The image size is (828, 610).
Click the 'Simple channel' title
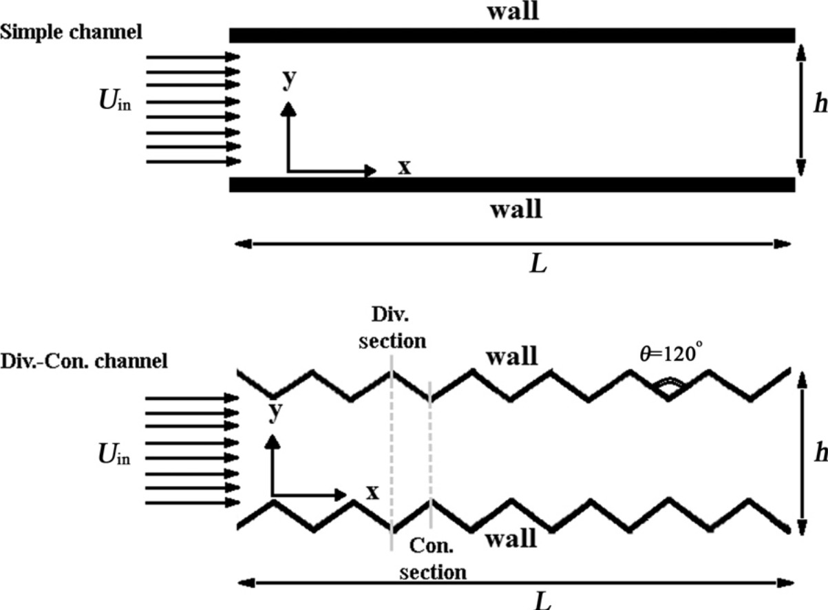(71, 32)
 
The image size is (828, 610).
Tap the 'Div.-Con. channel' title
(84, 361)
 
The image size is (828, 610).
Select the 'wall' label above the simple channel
(513, 12)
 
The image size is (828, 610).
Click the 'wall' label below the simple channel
(516, 209)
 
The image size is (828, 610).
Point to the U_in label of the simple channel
(115, 101)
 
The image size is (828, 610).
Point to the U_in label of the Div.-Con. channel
(114, 454)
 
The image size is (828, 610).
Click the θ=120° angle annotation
(671, 353)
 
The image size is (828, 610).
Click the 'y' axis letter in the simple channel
(290, 79)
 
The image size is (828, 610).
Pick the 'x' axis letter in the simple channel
(405, 167)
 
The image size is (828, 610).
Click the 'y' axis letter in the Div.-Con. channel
(275, 411)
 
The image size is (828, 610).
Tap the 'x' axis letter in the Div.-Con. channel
(372, 493)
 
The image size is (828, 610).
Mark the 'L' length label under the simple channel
(538, 264)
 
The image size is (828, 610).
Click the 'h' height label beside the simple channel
(820, 103)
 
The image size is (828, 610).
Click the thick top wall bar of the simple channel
(512, 36)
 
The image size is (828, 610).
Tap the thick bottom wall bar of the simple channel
(512, 185)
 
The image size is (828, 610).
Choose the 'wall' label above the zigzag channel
(512, 357)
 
